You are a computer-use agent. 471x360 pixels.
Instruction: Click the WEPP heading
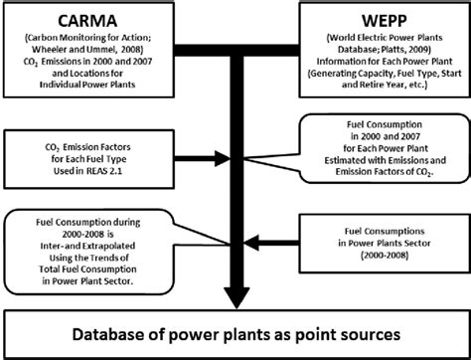tap(384, 21)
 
